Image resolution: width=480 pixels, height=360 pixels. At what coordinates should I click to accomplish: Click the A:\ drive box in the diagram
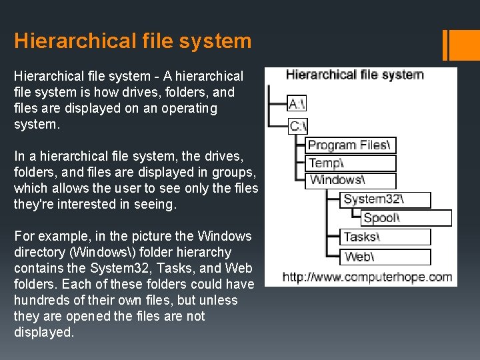click(x=297, y=103)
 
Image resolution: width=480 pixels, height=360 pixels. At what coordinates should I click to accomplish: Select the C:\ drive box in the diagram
click(x=297, y=126)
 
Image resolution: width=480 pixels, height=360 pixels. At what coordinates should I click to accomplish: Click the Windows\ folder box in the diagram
click(x=351, y=180)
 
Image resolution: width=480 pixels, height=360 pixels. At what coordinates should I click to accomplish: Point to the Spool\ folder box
click(x=406, y=217)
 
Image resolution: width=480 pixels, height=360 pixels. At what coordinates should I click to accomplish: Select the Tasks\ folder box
click(x=386, y=237)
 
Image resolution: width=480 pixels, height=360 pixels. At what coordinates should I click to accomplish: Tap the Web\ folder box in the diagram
click(x=386, y=256)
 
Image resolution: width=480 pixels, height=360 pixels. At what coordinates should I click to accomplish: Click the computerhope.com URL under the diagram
click(x=367, y=277)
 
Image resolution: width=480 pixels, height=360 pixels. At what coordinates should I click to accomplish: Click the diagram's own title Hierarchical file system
click(x=355, y=74)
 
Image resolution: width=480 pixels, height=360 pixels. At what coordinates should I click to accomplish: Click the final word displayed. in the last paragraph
click(x=44, y=332)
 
